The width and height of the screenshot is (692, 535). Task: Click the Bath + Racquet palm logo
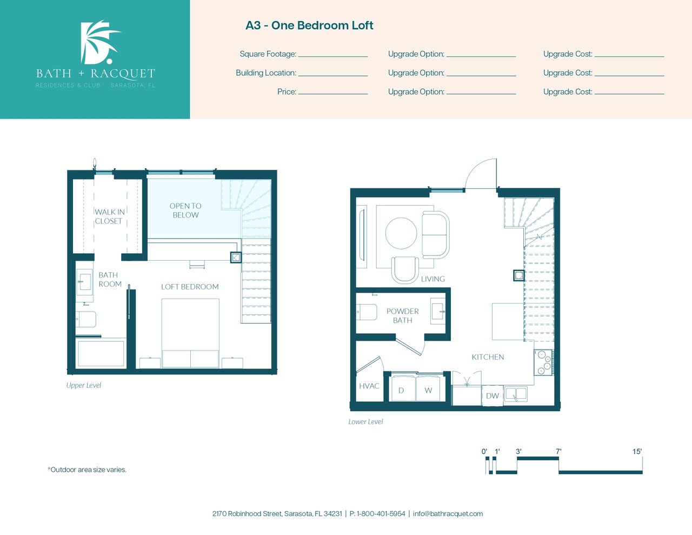(x=99, y=42)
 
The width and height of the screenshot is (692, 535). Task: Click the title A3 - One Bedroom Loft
(x=309, y=25)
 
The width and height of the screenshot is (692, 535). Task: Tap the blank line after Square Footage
(x=333, y=56)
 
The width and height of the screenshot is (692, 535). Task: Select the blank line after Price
(x=333, y=94)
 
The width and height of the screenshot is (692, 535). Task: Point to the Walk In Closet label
(x=109, y=216)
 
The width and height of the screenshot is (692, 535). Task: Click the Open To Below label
(x=185, y=210)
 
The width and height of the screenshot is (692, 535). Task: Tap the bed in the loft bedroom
(x=190, y=333)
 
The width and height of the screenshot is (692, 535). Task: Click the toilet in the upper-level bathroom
(x=85, y=319)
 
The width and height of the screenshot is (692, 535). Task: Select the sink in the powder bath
(x=437, y=311)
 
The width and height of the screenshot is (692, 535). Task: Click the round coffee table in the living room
(x=401, y=233)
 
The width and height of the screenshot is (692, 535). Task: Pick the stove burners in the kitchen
(x=544, y=362)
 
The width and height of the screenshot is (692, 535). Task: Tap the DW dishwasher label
(x=493, y=396)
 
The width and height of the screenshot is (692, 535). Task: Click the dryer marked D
(x=403, y=389)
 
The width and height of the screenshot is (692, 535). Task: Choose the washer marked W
(x=428, y=389)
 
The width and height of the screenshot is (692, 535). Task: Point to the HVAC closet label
(x=369, y=386)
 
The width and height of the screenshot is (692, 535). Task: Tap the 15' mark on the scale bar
(x=637, y=451)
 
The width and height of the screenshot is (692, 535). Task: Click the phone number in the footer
(x=377, y=514)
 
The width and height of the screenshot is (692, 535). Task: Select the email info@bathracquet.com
(x=448, y=514)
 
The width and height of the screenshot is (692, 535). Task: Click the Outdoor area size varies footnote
(x=87, y=470)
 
